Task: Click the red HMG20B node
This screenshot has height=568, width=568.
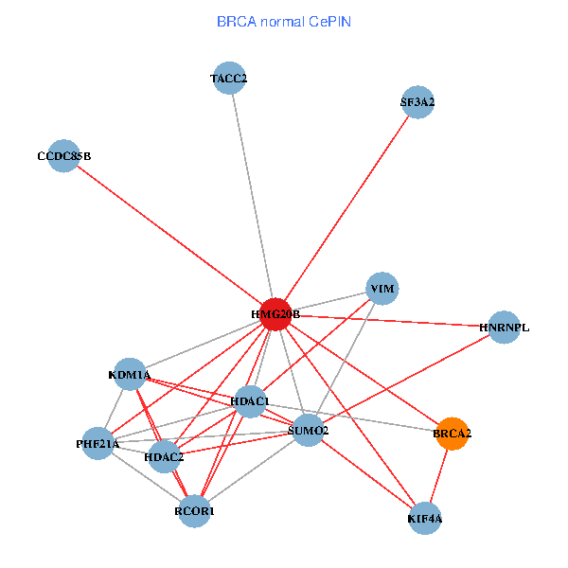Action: [275, 314]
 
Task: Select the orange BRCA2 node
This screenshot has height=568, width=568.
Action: [452, 434]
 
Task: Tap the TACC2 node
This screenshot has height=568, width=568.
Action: [229, 78]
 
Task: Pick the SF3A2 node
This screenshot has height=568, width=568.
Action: [417, 102]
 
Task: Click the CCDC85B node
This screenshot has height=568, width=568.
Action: [63, 156]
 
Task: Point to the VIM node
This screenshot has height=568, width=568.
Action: [382, 289]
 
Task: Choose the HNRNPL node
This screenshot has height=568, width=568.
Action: [504, 328]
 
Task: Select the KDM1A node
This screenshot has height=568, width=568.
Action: [130, 374]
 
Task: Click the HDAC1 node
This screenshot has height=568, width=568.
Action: [250, 401]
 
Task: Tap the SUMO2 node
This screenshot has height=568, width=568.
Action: [308, 431]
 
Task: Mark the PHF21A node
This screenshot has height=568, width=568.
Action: [98, 443]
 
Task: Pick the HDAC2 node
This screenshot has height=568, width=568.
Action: [164, 457]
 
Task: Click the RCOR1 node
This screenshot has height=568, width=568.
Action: [194, 511]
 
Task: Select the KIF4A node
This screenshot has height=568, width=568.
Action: [425, 519]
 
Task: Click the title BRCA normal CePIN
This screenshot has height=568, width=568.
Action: [284, 22]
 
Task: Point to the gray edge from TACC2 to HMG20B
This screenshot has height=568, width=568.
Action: [253, 196]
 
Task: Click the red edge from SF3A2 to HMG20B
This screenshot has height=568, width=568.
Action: [346, 208]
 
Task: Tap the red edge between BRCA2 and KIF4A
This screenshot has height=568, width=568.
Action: [438, 476]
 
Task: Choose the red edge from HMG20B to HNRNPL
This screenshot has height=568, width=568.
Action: [390, 321]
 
